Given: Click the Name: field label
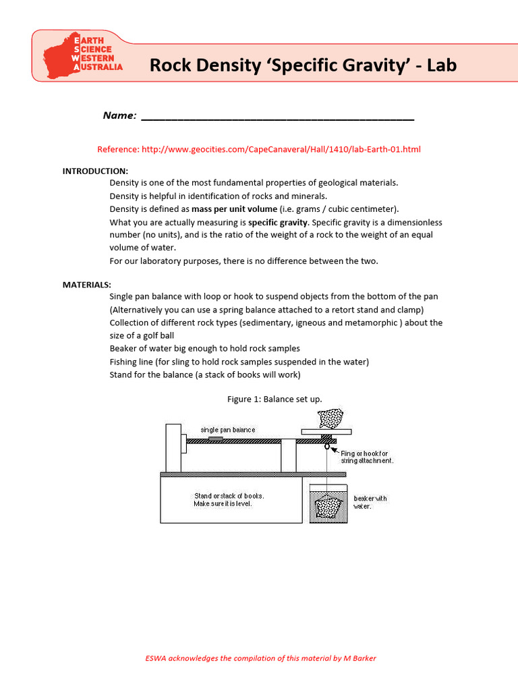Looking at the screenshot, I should point(119,116).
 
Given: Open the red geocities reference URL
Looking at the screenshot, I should point(259,149).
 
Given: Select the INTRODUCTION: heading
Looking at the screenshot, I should point(95,171).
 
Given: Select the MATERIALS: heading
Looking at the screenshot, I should point(87,284).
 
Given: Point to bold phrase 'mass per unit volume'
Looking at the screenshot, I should point(234,209).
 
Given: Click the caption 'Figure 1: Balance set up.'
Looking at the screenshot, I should point(275,399).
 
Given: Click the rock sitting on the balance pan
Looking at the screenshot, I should point(330,418).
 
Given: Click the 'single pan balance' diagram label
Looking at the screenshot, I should point(227,430).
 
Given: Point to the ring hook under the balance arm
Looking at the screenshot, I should point(326,446).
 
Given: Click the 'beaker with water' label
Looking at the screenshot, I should point(370,502).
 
